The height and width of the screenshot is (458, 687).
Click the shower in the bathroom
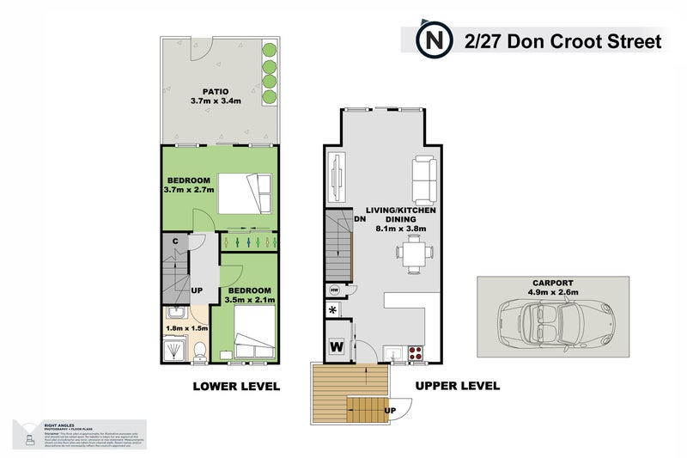coord(176,351)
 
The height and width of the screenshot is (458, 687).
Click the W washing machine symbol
coord(337,347)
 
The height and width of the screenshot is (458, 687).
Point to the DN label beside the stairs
coord(361,218)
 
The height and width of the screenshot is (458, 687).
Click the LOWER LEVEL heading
coord(236,387)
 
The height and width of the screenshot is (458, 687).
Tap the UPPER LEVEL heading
coord(458,387)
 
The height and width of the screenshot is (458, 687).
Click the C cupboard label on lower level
coord(174,241)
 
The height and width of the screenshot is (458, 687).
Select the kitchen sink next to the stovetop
coord(395,352)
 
